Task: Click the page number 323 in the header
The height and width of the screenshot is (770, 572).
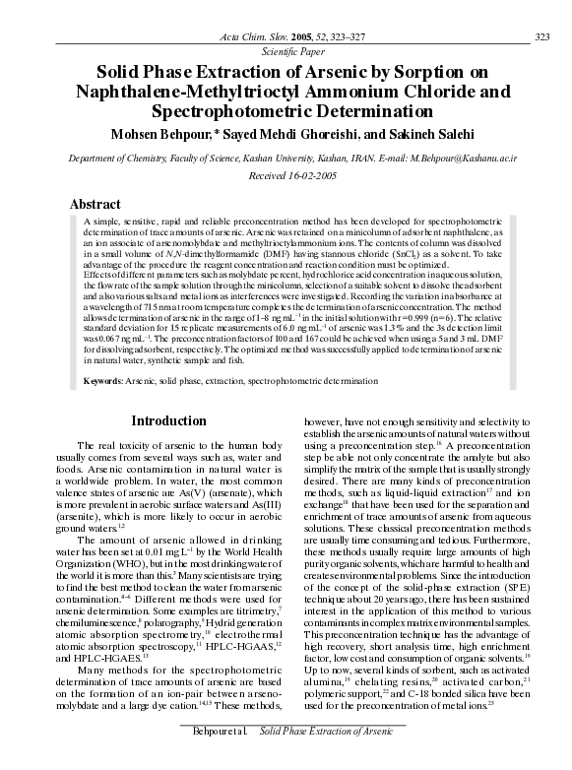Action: (540, 37)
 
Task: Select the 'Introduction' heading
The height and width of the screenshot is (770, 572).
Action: (167, 421)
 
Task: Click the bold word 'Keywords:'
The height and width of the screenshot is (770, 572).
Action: (103, 380)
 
